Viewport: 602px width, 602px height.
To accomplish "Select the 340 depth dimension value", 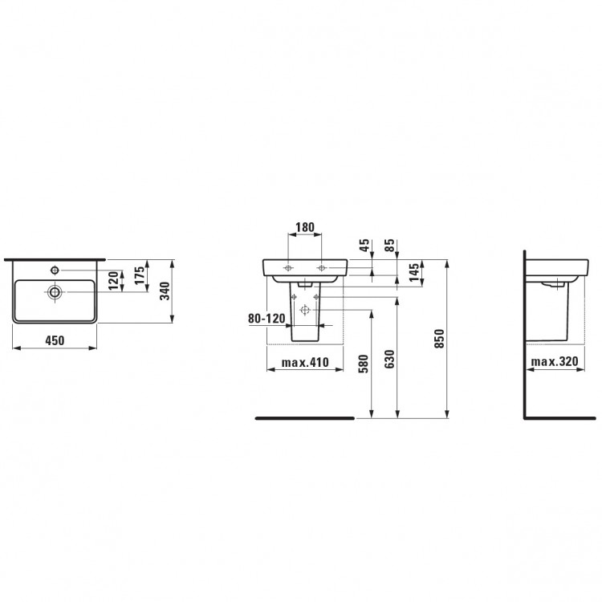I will pos(165,291).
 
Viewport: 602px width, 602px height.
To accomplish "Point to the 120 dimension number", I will pos(113,280).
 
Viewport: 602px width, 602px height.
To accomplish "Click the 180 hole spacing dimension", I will pos(305,227).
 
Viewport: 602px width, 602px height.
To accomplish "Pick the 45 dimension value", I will pos(364,245).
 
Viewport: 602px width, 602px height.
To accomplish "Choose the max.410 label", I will pos(305,363).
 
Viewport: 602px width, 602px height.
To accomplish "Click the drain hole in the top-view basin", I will pos(55,292).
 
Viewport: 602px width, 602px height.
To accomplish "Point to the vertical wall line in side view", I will pos(523,337).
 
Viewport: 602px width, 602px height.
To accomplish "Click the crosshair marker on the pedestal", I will pos(303,309).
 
